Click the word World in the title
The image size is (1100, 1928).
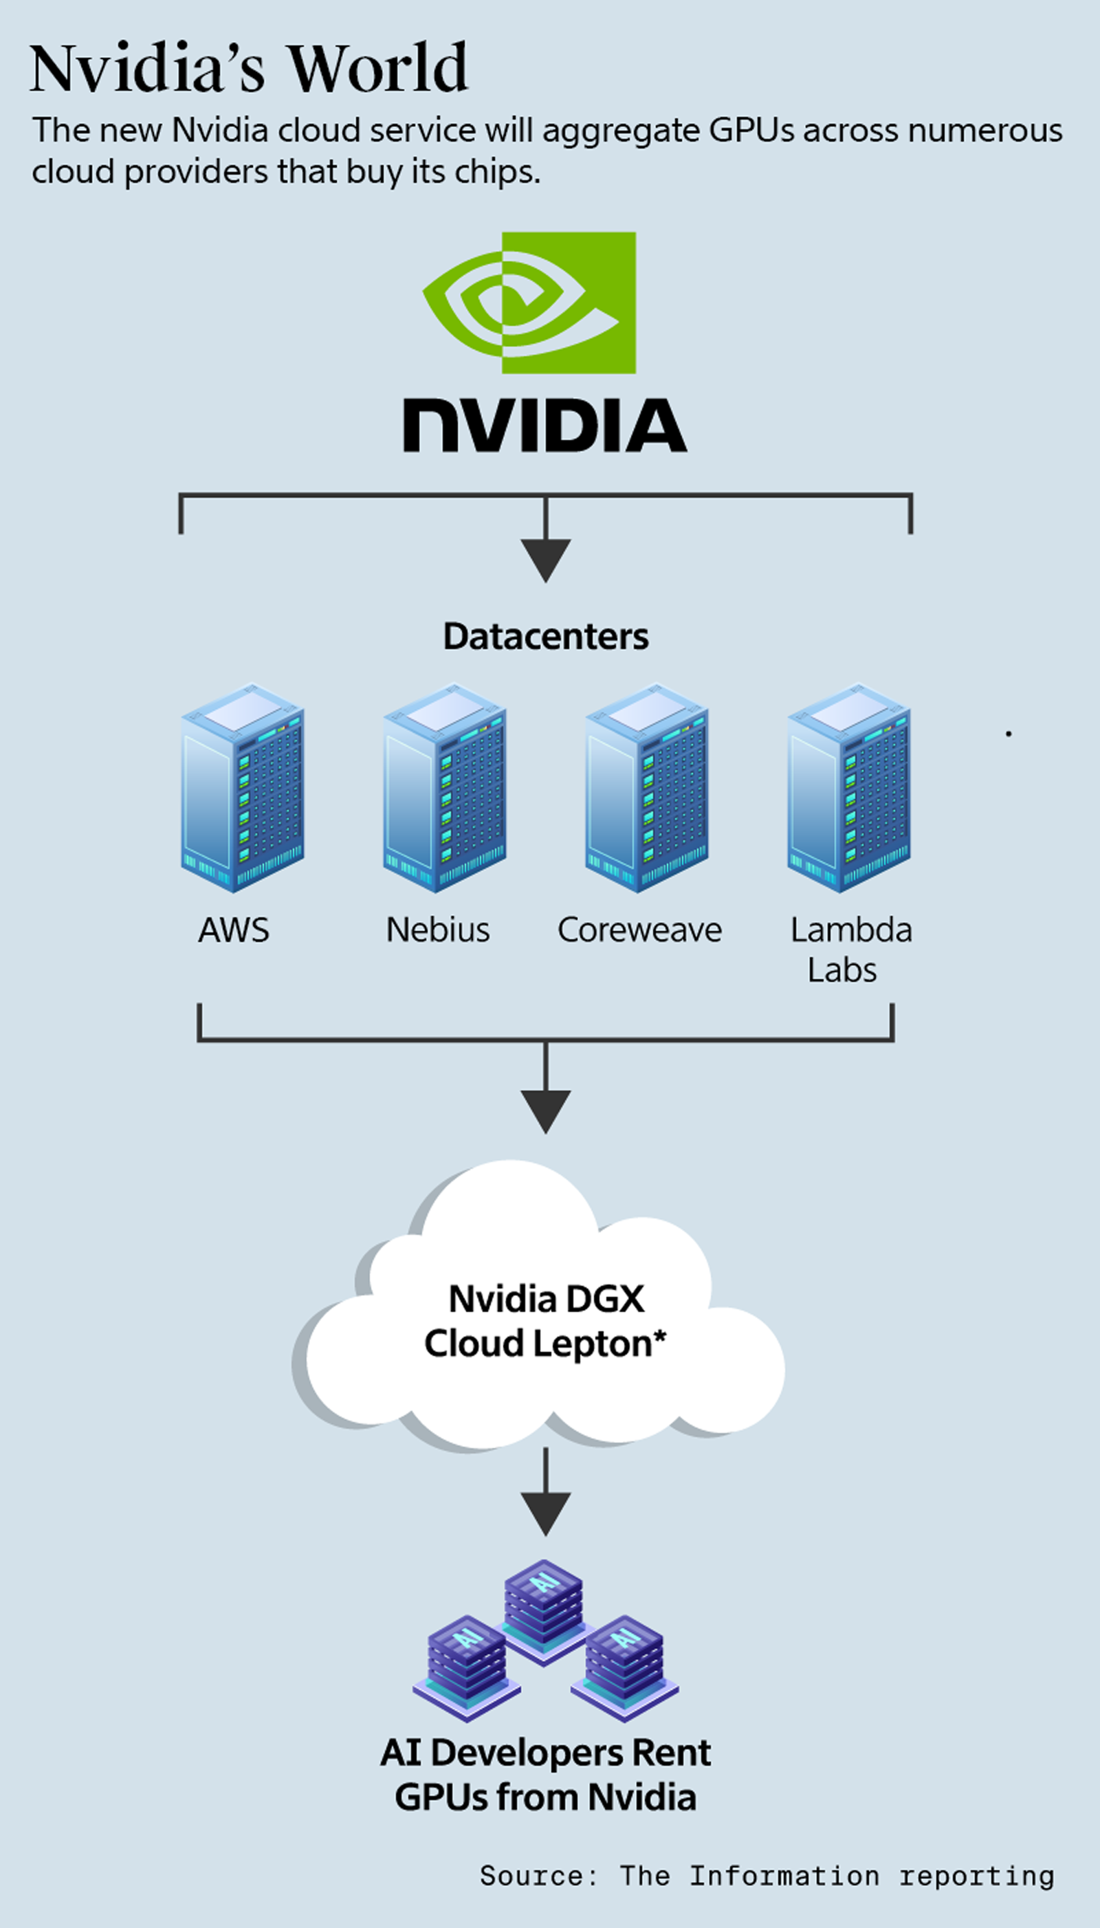377,69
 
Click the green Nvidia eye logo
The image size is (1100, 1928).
529,302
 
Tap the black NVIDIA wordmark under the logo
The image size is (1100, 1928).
544,426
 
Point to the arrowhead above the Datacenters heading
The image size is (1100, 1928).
545,559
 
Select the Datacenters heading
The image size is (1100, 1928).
545,636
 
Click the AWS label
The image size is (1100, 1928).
234,930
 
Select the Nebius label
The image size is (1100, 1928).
437,930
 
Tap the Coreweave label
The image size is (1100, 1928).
639,930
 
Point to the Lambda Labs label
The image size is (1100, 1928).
850,950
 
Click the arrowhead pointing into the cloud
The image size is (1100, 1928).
545,1110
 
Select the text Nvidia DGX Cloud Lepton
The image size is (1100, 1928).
545,1322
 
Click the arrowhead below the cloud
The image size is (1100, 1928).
545,1513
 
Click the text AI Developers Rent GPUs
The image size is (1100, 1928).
545,1774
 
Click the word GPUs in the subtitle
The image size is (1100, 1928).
751,131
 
